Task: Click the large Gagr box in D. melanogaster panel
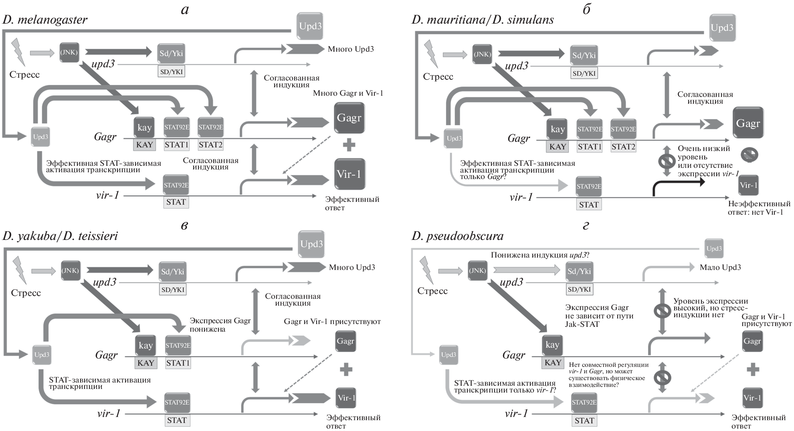coord(349,118)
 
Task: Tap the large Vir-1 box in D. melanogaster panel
coord(349,174)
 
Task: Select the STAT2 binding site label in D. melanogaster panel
coord(210,145)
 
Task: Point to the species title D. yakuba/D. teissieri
coord(60,236)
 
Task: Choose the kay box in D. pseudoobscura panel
coord(552,345)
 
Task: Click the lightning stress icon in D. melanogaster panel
coord(18,51)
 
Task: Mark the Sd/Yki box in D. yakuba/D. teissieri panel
coord(172,272)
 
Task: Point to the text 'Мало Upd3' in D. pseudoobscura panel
coord(720,267)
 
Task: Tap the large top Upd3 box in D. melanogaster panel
coord(310,26)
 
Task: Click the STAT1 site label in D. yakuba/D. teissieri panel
coord(178,363)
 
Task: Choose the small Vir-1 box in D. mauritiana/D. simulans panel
coord(748,185)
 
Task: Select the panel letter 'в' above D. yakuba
coord(184,225)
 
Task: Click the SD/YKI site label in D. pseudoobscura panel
coord(579,289)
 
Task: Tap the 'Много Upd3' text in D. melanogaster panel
coord(350,49)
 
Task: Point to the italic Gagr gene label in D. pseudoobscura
coord(513,355)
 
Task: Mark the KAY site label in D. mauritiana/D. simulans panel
coord(557,147)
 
